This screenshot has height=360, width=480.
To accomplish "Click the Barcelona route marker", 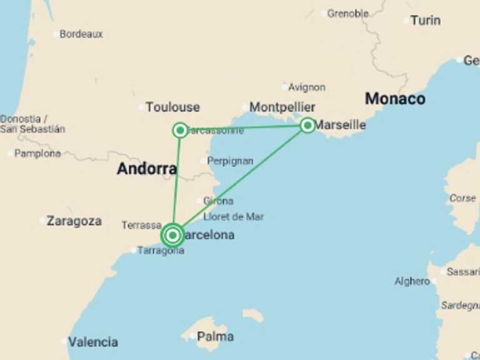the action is click(x=172, y=236).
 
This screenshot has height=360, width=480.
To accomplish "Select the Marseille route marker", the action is click(x=307, y=126).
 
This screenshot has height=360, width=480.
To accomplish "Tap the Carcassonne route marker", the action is click(x=180, y=130).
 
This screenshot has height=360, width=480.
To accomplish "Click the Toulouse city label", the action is click(x=172, y=107).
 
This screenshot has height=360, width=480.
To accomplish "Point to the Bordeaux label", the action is click(x=81, y=34).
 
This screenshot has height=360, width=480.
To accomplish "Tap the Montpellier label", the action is click(x=282, y=107).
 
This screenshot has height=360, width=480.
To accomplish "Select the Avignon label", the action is click(x=306, y=87).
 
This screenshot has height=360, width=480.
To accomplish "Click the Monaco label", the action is click(x=395, y=99).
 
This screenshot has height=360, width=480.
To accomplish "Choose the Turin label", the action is click(x=426, y=21).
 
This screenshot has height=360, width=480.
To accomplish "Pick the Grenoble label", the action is click(x=348, y=13).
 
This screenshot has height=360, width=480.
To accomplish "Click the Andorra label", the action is click(x=147, y=168).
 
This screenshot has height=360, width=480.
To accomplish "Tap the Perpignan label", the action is click(x=230, y=161).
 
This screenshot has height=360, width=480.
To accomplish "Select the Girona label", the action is click(x=218, y=201).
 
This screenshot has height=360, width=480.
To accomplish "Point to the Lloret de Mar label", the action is click(x=233, y=217).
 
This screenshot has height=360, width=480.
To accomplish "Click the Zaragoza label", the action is click(x=74, y=221).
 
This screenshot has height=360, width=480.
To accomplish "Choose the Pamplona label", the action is click(x=37, y=154).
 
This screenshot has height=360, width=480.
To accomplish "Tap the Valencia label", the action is click(x=92, y=342).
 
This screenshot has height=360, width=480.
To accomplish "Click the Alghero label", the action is click(x=412, y=282).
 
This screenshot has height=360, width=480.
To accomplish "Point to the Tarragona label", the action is click(x=161, y=251).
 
